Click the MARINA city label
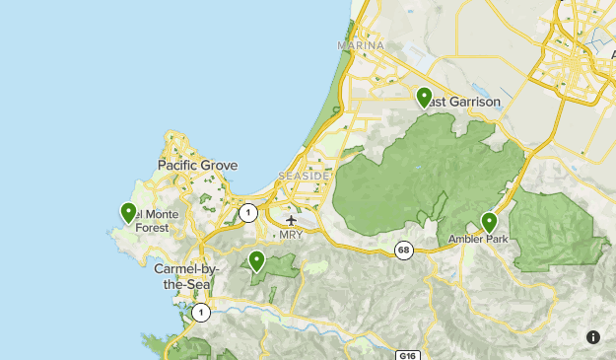(360, 46)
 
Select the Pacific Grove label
(197, 165)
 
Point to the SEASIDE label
(303, 176)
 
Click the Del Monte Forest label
(145, 221)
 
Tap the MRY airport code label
(292, 235)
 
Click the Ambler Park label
(483, 239)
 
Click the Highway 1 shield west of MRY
(247, 212)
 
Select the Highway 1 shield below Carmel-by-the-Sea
(201, 313)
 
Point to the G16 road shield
(409, 354)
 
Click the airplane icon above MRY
(291, 220)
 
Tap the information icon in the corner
(593, 337)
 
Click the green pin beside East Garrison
(424, 97)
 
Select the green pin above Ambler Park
(489, 222)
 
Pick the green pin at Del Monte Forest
(128, 211)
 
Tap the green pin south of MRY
(256, 260)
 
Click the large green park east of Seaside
(414, 178)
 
